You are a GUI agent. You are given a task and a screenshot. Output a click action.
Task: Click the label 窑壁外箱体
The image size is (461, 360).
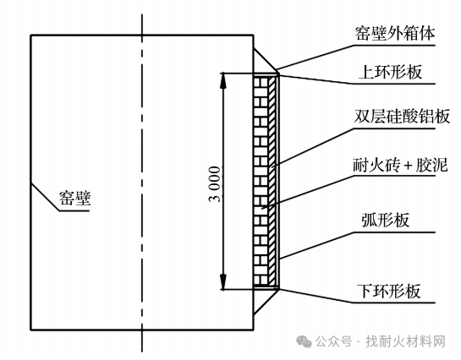click(x=394, y=34)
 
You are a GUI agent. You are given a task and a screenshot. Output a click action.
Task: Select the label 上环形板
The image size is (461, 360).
click(x=390, y=72)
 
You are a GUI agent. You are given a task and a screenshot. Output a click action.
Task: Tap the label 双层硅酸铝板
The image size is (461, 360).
click(x=402, y=117)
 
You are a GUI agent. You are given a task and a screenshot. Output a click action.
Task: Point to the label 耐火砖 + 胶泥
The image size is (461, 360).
click(x=400, y=165)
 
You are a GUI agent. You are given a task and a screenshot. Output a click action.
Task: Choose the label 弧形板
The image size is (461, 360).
click(x=385, y=220)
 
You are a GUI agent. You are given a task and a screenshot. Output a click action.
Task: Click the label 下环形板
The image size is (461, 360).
click(x=389, y=291)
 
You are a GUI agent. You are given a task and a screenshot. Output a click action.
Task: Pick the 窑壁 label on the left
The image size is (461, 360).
click(x=75, y=198)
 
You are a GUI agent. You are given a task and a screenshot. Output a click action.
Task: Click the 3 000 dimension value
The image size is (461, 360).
click(x=214, y=184)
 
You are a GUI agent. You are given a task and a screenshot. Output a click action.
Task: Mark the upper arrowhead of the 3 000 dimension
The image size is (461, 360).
click(x=223, y=80)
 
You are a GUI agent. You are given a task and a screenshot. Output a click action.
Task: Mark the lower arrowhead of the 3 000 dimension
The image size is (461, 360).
click(x=223, y=281)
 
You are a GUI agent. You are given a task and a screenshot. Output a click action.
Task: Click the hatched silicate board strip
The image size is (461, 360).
click(x=272, y=181)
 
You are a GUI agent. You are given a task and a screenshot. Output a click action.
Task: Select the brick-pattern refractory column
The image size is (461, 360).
click(x=261, y=181)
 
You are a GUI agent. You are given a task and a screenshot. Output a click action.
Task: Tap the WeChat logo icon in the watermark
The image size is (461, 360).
click(x=304, y=341)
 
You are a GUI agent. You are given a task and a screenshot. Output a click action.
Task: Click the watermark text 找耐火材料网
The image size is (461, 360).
click(x=406, y=341)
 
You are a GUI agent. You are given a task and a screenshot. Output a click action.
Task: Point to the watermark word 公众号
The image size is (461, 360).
click(x=334, y=341)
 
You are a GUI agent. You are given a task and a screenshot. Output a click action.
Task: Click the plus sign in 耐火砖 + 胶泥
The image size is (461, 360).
click(x=408, y=166)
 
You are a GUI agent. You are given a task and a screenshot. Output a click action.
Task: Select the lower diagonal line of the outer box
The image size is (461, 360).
click(x=266, y=303)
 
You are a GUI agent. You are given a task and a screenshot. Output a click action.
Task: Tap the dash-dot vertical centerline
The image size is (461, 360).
click(x=142, y=183)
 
